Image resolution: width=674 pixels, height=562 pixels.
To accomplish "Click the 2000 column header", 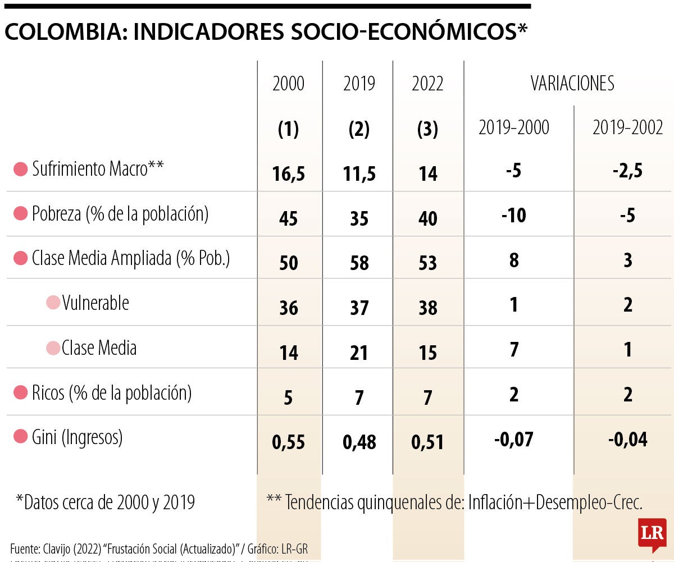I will (x=288, y=84).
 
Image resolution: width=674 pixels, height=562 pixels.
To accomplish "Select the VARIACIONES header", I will (x=572, y=84).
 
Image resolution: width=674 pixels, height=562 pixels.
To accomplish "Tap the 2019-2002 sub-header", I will (x=627, y=128).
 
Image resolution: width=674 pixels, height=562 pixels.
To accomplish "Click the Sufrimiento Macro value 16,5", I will (x=288, y=173).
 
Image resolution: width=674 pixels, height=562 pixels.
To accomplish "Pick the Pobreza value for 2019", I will (x=359, y=218).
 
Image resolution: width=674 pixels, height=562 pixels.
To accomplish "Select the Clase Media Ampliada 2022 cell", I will (x=427, y=262).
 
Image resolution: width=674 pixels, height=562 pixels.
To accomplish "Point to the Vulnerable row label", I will (x=95, y=303).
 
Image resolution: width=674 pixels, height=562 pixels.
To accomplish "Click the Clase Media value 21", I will (x=359, y=353).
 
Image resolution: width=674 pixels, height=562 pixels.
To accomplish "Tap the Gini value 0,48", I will (x=359, y=442).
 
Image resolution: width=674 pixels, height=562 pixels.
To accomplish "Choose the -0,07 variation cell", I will (x=513, y=440).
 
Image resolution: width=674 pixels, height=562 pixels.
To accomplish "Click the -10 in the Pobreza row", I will (x=513, y=215).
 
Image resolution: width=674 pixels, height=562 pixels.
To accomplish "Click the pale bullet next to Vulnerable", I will (x=53, y=303).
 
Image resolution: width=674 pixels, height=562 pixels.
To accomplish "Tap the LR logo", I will (x=652, y=533).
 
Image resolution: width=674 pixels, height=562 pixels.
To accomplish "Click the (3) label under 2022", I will (x=427, y=130).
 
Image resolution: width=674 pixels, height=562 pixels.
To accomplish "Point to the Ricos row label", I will (x=111, y=393).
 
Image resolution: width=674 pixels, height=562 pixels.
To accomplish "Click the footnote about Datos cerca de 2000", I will (x=105, y=502).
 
